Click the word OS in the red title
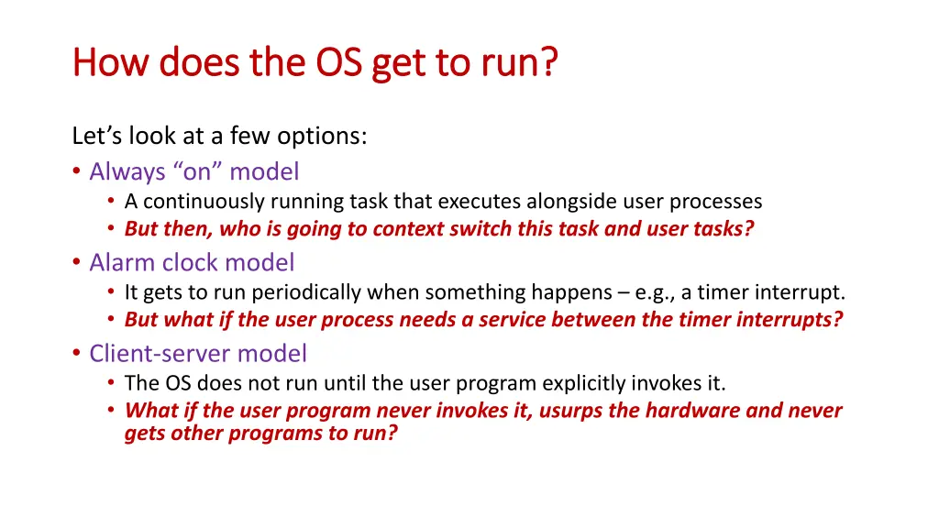(339, 61)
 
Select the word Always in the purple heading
(127, 172)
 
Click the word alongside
(571, 202)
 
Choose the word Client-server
(160, 353)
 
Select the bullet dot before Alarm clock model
(76, 261)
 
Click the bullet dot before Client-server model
(76, 353)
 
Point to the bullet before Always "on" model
(76, 171)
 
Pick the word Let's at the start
(97, 136)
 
